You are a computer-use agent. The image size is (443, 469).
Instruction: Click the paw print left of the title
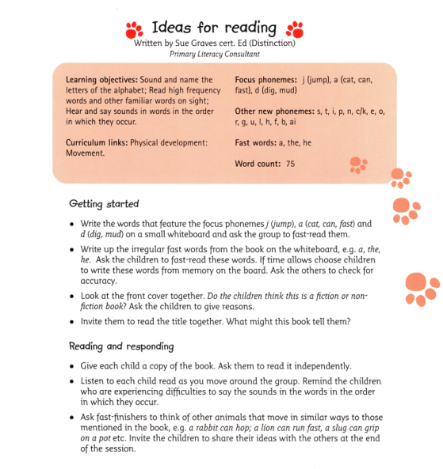[x=134, y=29]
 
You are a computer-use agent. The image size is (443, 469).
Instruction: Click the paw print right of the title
[x=294, y=29]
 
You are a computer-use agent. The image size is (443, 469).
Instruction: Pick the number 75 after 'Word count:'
[x=290, y=162]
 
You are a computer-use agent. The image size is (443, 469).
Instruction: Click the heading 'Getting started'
[x=104, y=203]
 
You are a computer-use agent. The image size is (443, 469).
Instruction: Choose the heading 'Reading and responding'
[x=120, y=346]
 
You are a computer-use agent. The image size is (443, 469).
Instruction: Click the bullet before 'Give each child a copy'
[x=73, y=366]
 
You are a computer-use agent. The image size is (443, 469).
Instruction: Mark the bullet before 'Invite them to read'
[x=73, y=323]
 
